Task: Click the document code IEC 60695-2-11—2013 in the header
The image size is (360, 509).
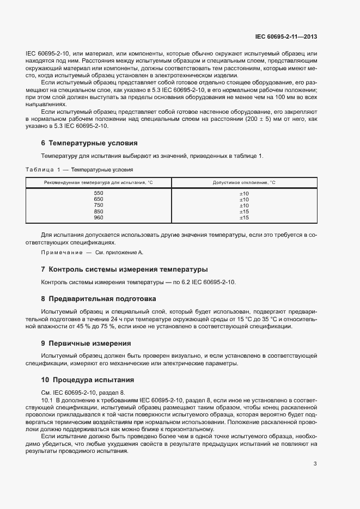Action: [x=286, y=37]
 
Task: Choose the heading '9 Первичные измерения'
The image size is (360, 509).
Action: [x=86, y=344]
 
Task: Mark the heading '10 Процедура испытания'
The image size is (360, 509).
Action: [x=88, y=379]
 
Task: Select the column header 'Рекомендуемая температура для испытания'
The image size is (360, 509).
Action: [x=98, y=183]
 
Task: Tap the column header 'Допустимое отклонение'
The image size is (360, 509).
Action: [x=243, y=183]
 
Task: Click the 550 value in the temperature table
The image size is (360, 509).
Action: [x=99, y=194]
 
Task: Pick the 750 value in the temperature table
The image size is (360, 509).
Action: [x=99, y=206]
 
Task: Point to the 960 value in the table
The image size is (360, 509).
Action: [x=99, y=218]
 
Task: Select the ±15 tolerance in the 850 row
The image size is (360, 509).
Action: [x=244, y=212]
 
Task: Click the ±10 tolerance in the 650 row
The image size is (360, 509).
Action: [x=244, y=200]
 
